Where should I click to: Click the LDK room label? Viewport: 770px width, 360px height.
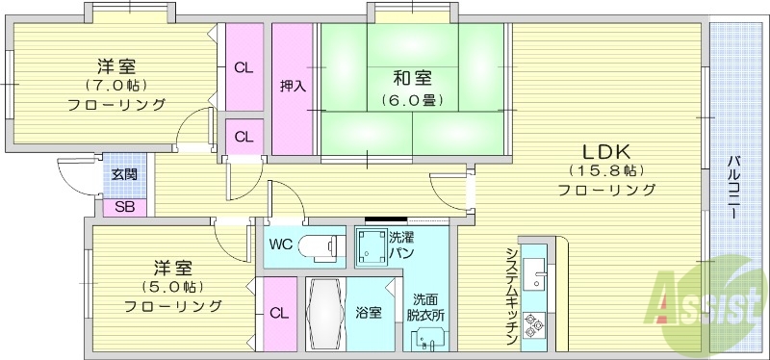[x=605, y=152]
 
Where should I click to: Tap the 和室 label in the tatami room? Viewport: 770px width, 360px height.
[x=412, y=79]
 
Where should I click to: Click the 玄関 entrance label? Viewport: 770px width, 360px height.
[x=123, y=174]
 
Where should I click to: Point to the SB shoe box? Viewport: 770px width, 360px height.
[x=124, y=206]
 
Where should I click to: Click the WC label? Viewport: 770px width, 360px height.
[x=281, y=244]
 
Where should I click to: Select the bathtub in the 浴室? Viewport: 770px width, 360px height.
[x=324, y=315]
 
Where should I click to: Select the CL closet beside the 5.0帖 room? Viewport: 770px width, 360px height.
[x=277, y=312]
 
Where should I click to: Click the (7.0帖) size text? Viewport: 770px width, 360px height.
[x=115, y=86]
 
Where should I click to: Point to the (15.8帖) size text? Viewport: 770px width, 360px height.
[x=605, y=170]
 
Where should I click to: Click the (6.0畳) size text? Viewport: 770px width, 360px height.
[x=411, y=99]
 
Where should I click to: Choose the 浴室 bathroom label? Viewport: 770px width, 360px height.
[x=369, y=312]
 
